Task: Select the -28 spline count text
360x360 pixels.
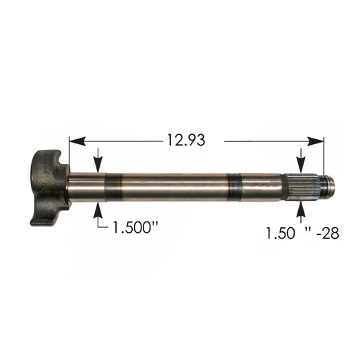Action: coord(327,232)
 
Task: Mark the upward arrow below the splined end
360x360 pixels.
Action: coord(302,210)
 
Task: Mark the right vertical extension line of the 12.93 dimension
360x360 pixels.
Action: coord(325,158)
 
